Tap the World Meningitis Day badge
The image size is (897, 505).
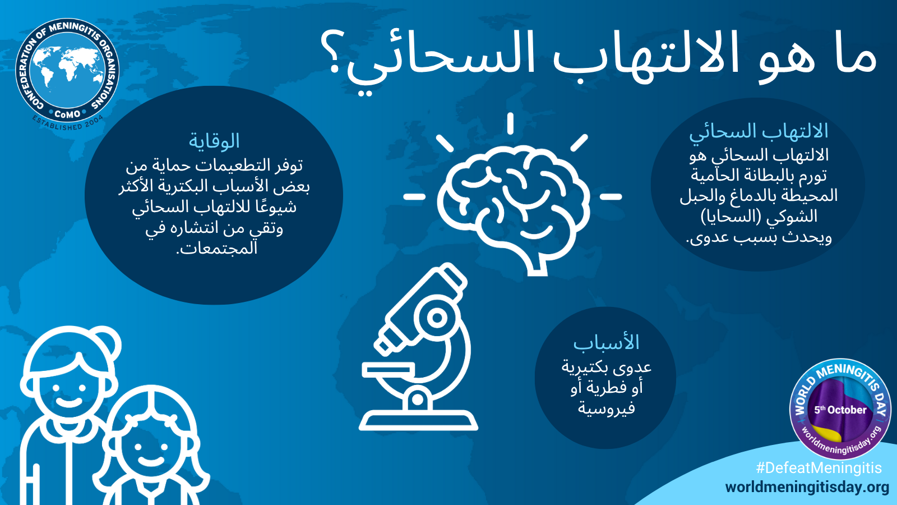(x=840, y=409)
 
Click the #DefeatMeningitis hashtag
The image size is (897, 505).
(x=819, y=468)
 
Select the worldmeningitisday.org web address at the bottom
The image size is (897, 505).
(x=807, y=488)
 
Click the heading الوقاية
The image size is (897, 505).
(x=214, y=141)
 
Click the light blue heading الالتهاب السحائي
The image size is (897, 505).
(x=759, y=132)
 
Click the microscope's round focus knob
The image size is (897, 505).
(x=437, y=318)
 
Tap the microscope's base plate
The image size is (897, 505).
(x=418, y=421)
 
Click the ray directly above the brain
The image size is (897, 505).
(x=510, y=123)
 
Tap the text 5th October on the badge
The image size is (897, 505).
(x=840, y=410)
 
